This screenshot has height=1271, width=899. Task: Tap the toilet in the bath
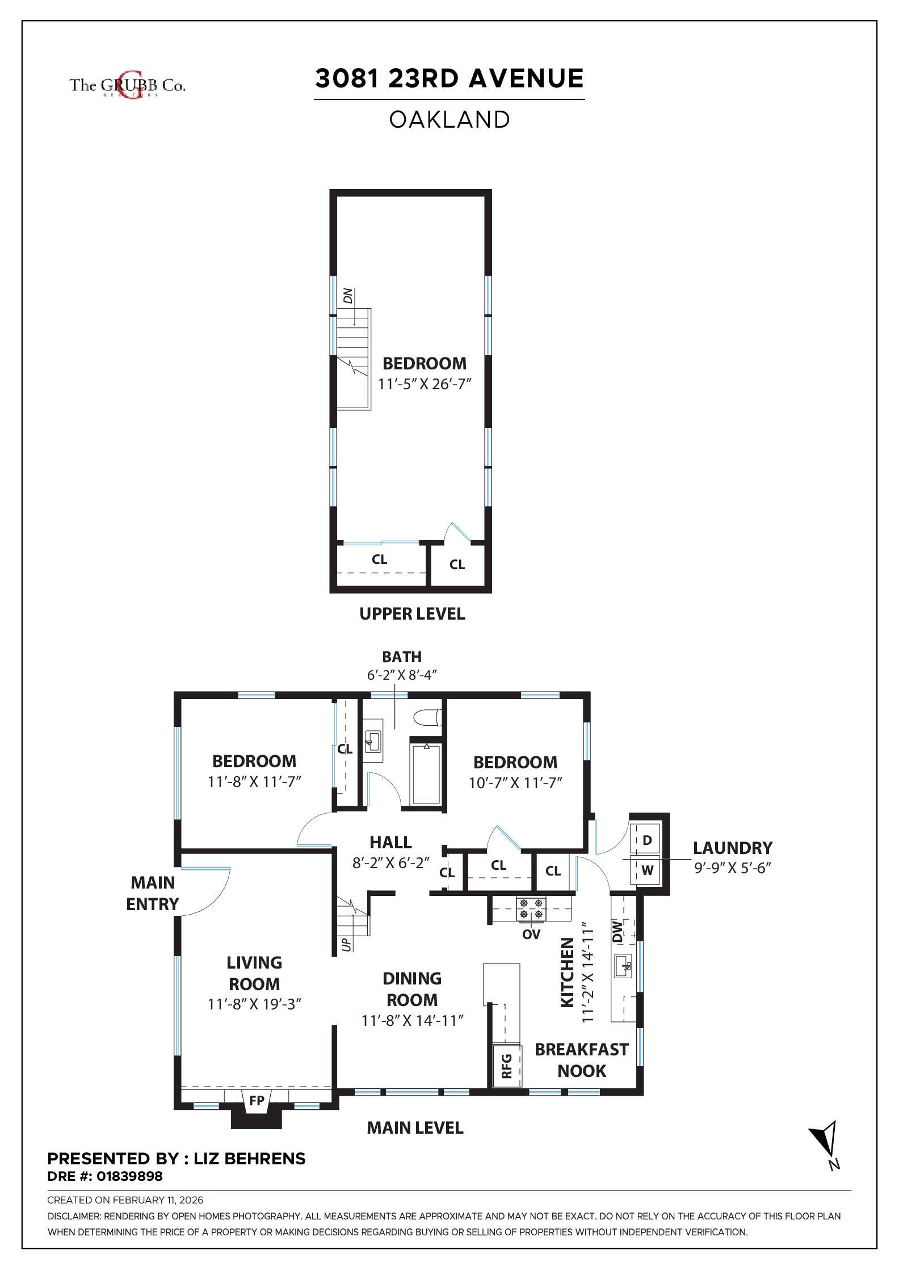(428, 718)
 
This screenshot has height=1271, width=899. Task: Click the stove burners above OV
(531, 908)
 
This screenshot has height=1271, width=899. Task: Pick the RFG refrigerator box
(507, 1066)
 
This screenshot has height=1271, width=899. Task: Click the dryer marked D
(647, 840)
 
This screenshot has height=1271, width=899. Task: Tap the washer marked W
(647, 870)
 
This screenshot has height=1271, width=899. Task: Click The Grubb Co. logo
(127, 85)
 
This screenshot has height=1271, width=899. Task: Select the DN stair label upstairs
(348, 296)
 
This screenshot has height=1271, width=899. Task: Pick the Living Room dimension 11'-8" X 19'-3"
(254, 1004)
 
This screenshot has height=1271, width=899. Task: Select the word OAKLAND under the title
(449, 119)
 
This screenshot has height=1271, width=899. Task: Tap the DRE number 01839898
(129, 1176)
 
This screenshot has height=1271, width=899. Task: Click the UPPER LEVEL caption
(412, 613)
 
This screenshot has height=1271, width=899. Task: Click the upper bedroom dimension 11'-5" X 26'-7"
(425, 384)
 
